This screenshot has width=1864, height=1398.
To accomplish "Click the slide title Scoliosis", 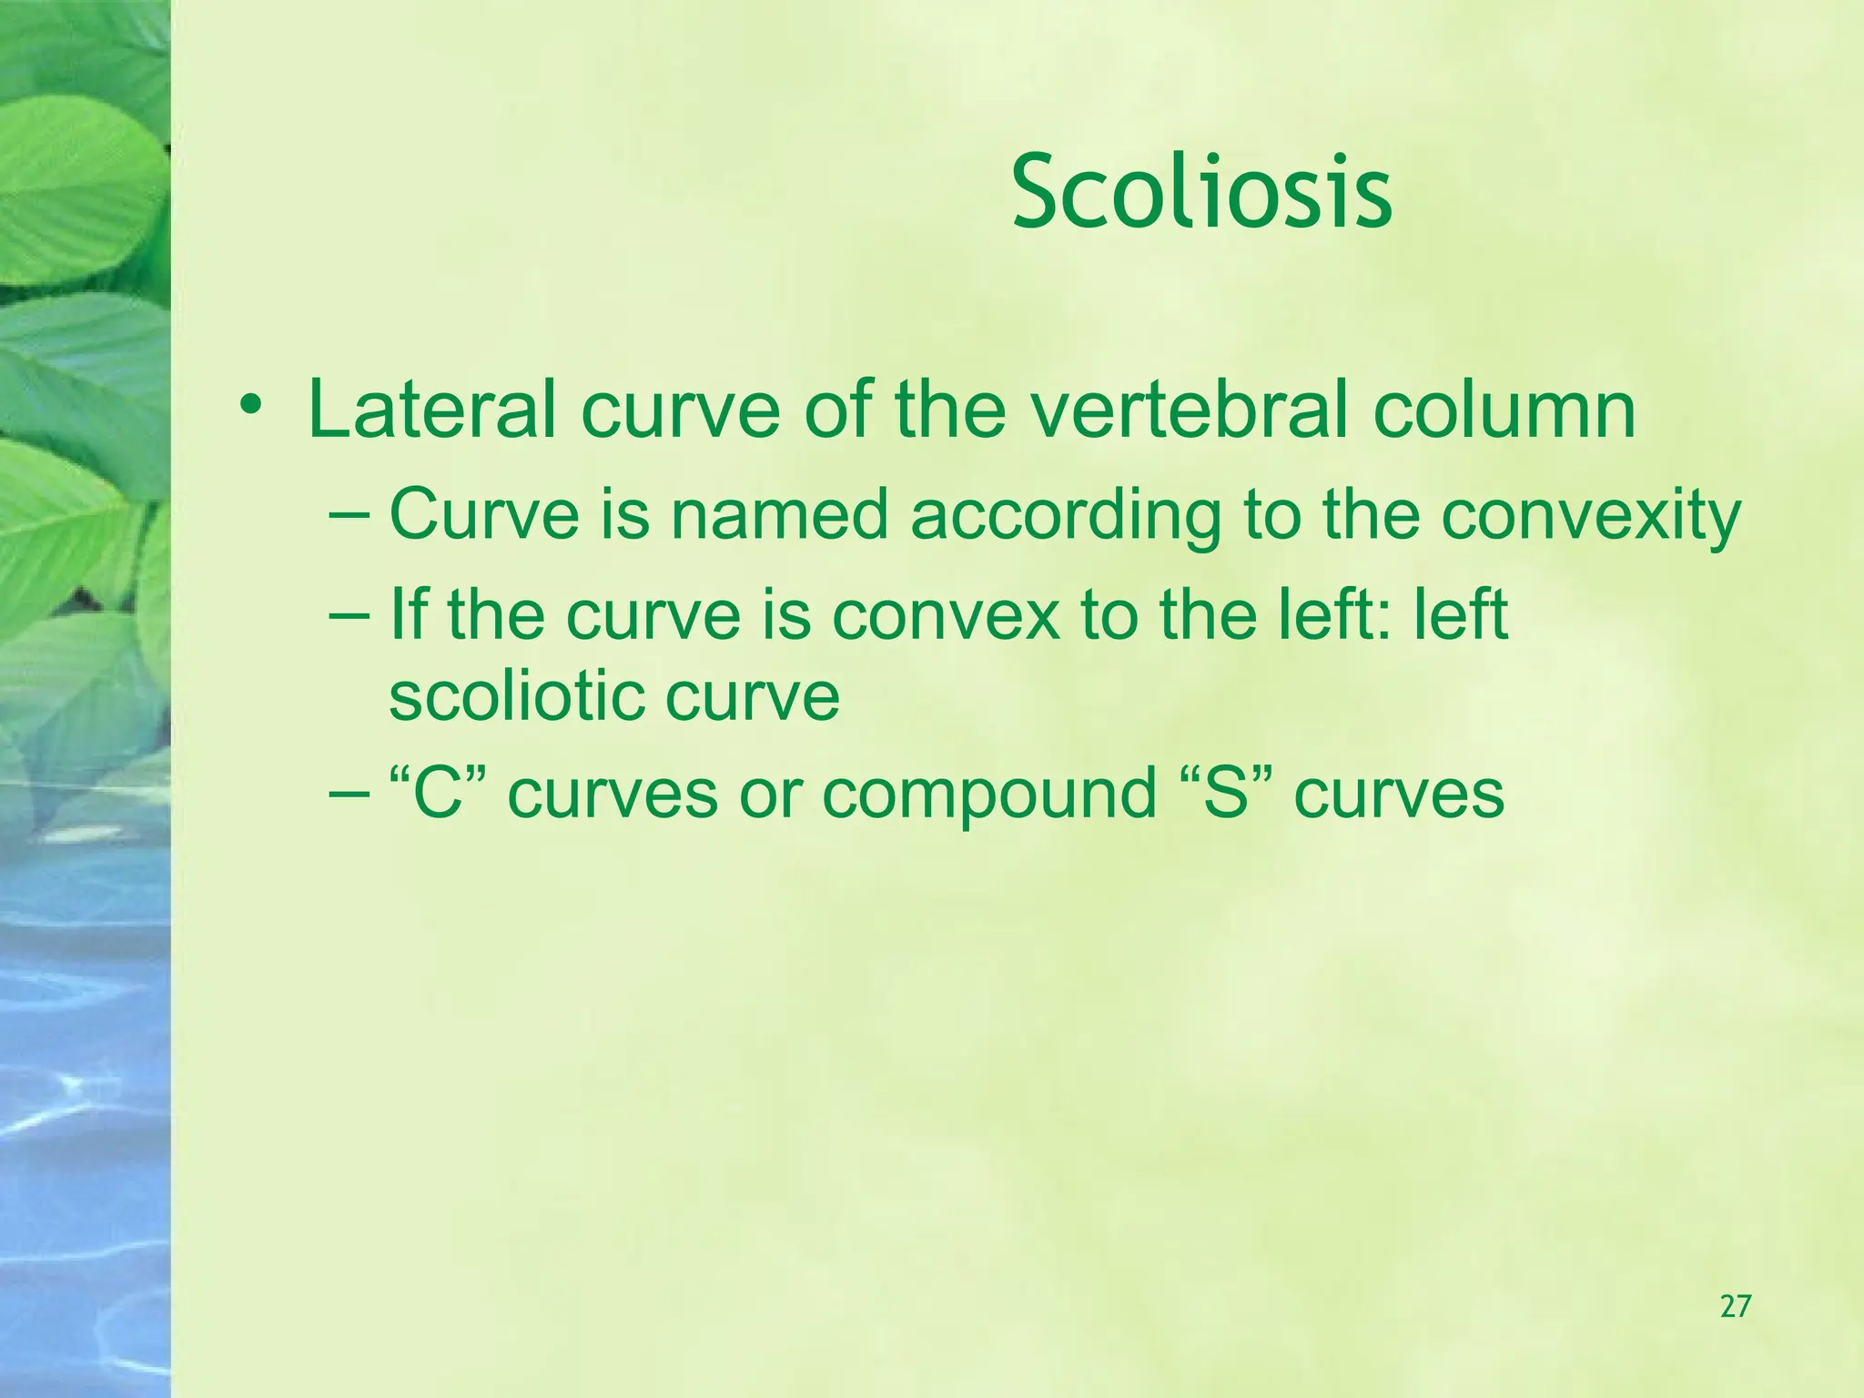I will click(x=1201, y=194).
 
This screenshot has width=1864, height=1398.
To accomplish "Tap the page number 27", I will click(x=1735, y=1307).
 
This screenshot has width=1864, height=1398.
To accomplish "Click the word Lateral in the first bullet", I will click(x=431, y=410).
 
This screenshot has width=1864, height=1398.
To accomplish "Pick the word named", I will click(x=779, y=515).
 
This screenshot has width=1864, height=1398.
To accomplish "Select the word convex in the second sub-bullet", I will click(x=947, y=615).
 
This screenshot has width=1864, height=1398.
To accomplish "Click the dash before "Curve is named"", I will click(x=349, y=515).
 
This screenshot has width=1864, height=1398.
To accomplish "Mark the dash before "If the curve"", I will click(x=349, y=615).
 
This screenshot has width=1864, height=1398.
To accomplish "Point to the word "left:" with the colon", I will click(x=1342, y=614).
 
